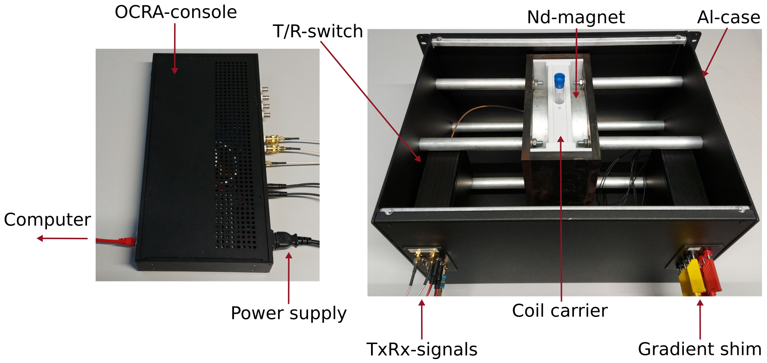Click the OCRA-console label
(175, 12)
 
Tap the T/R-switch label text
(318, 32)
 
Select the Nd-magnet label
(576, 17)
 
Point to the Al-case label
(728, 17)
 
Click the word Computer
(47, 220)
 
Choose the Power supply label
(288, 313)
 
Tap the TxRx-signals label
(421, 349)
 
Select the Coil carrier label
(559, 311)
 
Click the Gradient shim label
(699, 349)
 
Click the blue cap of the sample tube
(559, 79)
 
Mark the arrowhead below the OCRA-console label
(175, 71)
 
